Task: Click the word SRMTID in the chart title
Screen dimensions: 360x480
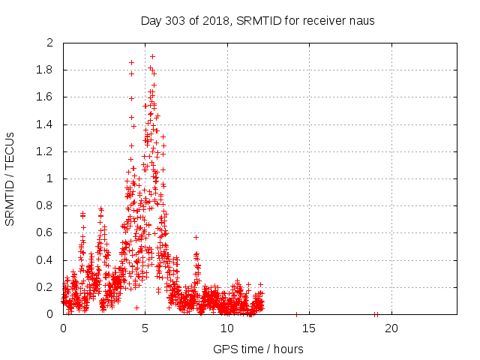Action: (x=256, y=20)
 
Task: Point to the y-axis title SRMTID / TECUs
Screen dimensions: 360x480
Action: (x=10, y=178)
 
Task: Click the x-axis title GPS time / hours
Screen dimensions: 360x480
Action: (x=258, y=349)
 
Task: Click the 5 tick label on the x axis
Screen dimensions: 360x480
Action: (x=145, y=328)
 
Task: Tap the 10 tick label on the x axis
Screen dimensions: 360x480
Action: (x=227, y=328)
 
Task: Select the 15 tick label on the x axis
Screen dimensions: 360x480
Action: (x=309, y=328)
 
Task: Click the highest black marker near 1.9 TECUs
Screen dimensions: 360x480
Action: (x=152, y=56)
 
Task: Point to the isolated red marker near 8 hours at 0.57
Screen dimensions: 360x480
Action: (x=196, y=237)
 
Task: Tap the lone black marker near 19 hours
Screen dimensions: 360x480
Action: (x=375, y=314)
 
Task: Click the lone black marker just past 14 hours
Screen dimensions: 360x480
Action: (x=296, y=314)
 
